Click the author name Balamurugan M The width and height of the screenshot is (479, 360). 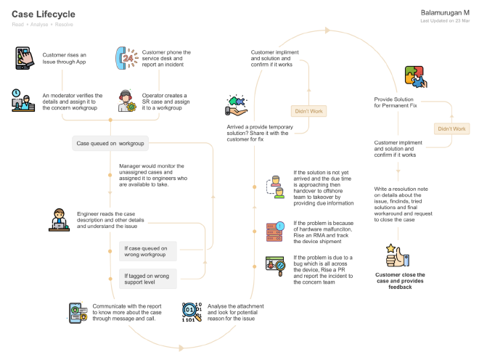click(444, 12)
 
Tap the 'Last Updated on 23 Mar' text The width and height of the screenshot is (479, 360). click(445, 21)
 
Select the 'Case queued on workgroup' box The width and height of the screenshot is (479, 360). click(111, 144)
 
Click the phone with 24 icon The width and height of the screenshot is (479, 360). click(126, 57)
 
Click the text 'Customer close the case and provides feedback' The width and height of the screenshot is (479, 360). click(400, 281)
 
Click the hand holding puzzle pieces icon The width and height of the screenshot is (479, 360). click(237, 106)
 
